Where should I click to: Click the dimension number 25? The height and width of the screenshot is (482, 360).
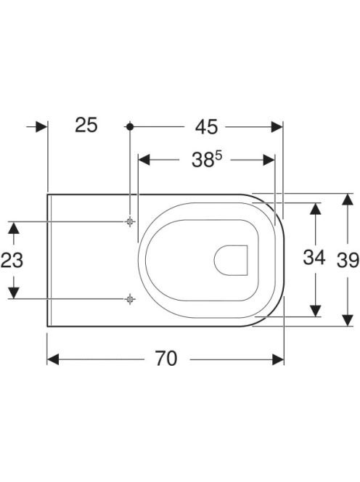click(x=86, y=125)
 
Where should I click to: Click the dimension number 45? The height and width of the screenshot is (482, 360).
click(x=206, y=126)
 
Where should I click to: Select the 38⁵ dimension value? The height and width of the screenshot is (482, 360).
click(x=207, y=160)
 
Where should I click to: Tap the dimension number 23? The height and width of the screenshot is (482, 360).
click(x=12, y=260)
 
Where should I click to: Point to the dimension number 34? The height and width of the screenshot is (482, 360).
click(x=314, y=257)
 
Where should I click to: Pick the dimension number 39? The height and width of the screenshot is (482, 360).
click(x=348, y=260)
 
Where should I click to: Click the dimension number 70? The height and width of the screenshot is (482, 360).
click(x=166, y=359)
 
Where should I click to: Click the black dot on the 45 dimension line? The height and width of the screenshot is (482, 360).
click(x=130, y=126)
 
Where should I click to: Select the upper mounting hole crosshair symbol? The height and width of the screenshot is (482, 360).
click(x=130, y=221)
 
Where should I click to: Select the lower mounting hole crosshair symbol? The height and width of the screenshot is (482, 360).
click(x=130, y=298)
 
